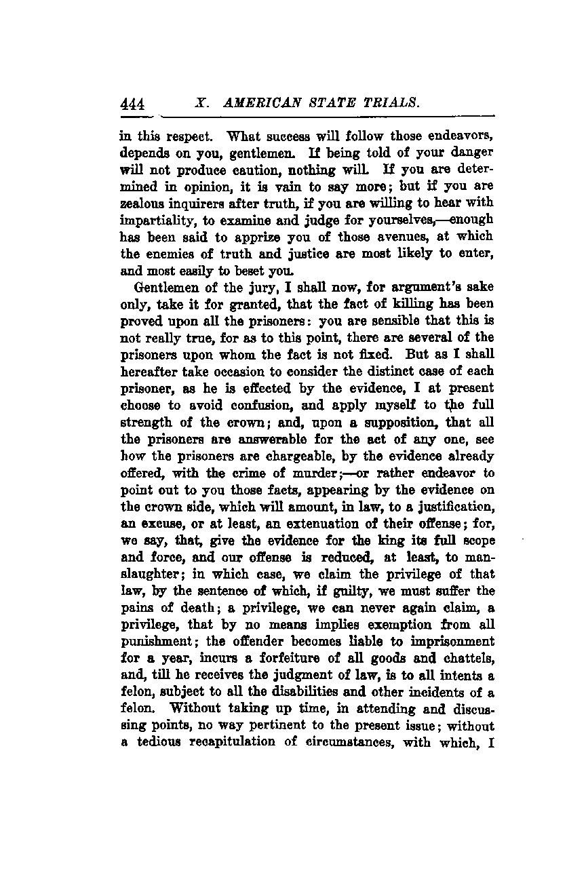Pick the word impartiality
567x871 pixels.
[x=157, y=219]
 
